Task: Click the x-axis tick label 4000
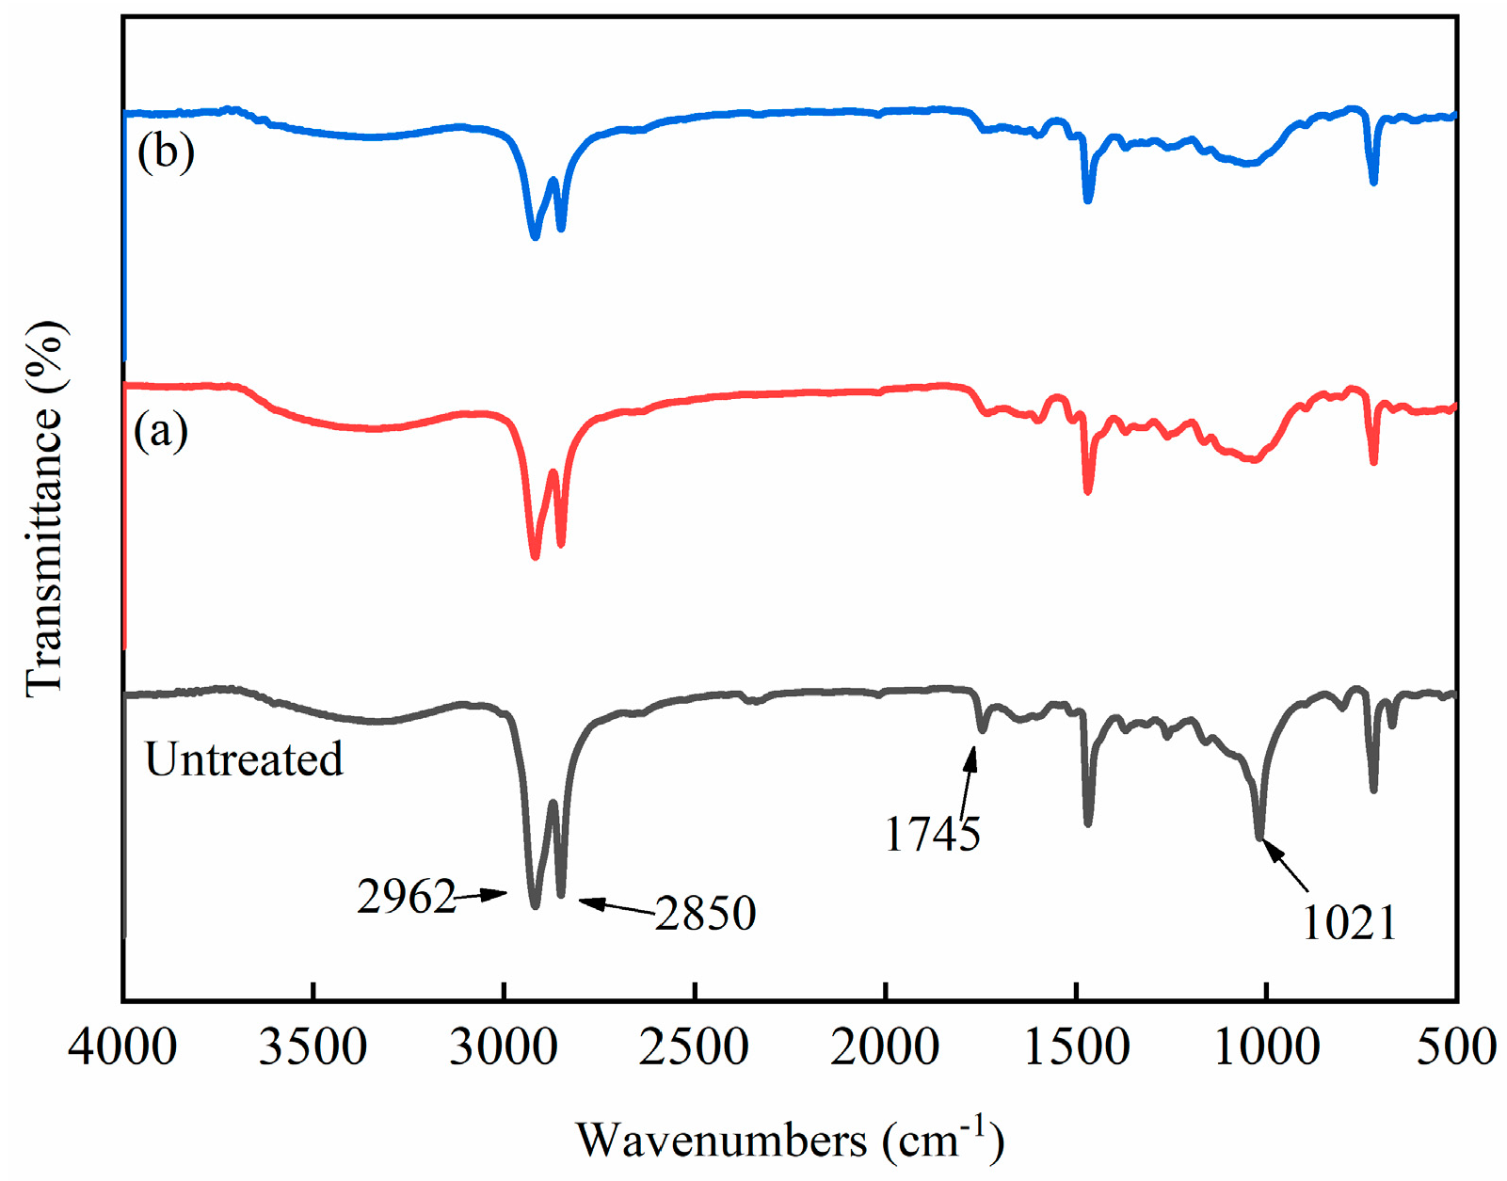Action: pyautogui.click(x=122, y=1047)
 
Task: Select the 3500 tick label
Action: pyautogui.click(x=313, y=1047)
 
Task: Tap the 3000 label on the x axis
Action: pyautogui.click(x=504, y=1047)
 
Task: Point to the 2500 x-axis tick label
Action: pyautogui.click(x=694, y=1047)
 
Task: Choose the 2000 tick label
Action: pyautogui.click(x=885, y=1047)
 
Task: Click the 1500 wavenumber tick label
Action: pyautogui.click(x=1076, y=1047)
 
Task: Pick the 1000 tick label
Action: pyautogui.click(x=1267, y=1047)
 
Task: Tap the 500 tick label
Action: pyautogui.click(x=1455, y=1047)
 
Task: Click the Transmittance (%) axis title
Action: pyautogui.click(x=44, y=509)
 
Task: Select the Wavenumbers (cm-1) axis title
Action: pyautogui.click(x=789, y=1139)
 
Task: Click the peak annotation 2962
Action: pyautogui.click(x=406, y=897)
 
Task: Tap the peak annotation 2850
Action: pyautogui.click(x=706, y=913)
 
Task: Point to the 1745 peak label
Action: pyautogui.click(x=932, y=834)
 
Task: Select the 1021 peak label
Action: pyautogui.click(x=1349, y=922)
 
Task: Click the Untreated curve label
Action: pyautogui.click(x=244, y=759)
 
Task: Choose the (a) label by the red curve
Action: pyautogui.click(x=161, y=431)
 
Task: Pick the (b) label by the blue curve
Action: pyautogui.click(x=166, y=152)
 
